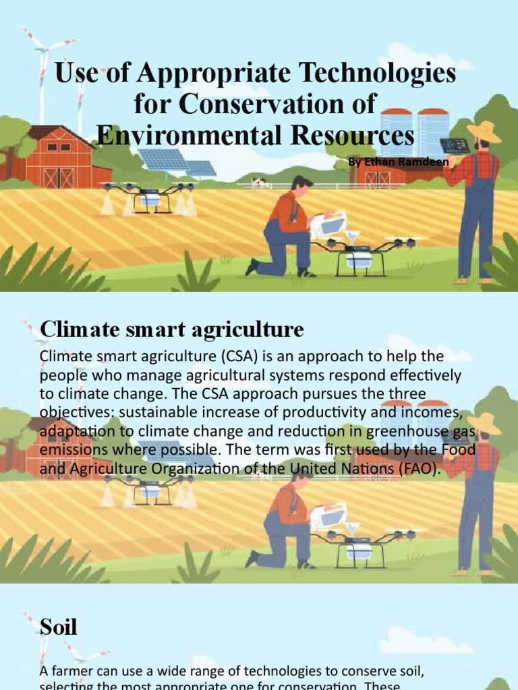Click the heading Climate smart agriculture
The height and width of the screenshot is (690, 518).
pyautogui.click(x=172, y=330)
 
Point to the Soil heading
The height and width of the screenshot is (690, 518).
pyautogui.click(x=59, y=628)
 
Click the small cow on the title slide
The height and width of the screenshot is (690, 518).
pyautogui.click(x=259, y=182)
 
